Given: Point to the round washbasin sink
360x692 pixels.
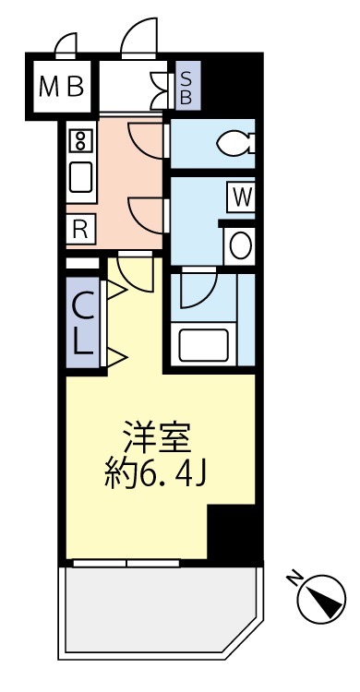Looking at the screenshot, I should tap(240, 245).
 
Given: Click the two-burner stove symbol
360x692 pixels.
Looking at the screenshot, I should tap(80, 141).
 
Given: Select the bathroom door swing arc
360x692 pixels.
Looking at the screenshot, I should tap(196, 290).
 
